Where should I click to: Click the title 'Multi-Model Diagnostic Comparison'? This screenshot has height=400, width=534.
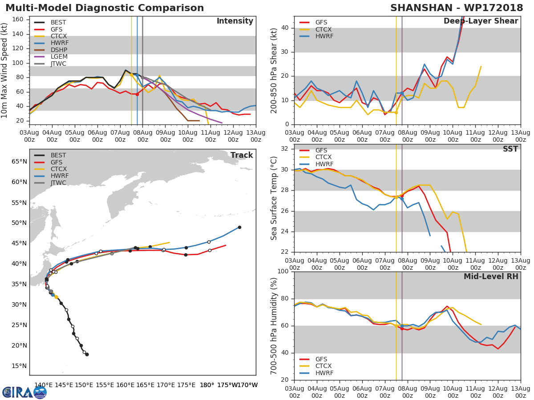(105, 8)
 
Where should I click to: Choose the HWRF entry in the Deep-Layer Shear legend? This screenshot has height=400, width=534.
(324, 36)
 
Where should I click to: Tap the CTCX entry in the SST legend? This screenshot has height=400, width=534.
(324, 157)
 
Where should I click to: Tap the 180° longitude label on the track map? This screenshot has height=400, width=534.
(207, 385)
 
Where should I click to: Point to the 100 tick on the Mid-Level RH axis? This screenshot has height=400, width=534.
(283, 272)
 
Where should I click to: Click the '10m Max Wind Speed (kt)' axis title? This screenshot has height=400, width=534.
(5, 70)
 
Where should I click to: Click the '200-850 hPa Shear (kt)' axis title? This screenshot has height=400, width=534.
(274, 70)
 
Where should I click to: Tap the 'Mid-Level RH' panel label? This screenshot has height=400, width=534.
(491, 276)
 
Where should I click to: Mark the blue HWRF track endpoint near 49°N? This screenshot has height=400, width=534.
(239, 227)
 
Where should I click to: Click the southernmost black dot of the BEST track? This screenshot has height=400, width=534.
(87, 354)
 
